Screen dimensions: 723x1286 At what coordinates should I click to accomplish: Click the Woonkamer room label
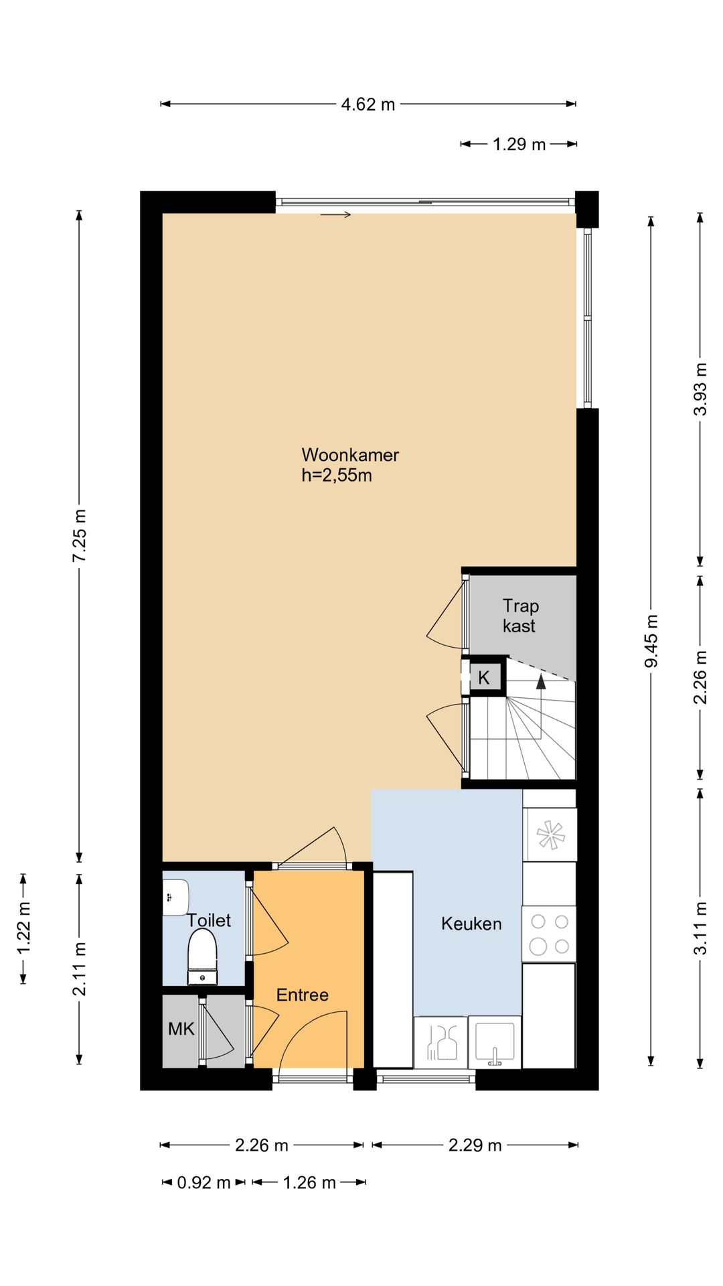[x=350, y=455]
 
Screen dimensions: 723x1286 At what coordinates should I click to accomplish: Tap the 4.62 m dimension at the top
[x=368, y=104]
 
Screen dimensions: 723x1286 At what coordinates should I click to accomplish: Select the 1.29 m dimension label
[x=519, y=144]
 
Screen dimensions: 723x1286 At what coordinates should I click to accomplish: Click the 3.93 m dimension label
[x=700, y=389]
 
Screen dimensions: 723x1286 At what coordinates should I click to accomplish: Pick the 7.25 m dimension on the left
[x=80, y=536]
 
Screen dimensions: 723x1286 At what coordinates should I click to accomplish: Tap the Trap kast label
[x=520, y=616]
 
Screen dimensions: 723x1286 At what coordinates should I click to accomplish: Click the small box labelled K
[x=483, y=677]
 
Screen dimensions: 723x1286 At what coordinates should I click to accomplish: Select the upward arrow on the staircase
[x=541, y=682]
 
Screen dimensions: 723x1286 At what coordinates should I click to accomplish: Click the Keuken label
[x=471, y=924]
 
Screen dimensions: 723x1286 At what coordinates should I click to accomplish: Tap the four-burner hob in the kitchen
[x=548, y=934]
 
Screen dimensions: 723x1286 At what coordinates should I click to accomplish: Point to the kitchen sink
[x=495, y=1042]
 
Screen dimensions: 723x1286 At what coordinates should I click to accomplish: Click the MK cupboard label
[x=181, y=1029]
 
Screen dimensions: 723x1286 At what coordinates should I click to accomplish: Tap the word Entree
[x=303, y=995]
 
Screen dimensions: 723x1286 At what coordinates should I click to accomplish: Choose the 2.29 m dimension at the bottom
[x=475, y=1145]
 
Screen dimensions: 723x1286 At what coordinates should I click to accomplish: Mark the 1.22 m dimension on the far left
[x=24, y=928]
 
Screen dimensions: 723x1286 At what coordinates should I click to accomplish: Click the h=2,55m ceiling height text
[x=337, y=476]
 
